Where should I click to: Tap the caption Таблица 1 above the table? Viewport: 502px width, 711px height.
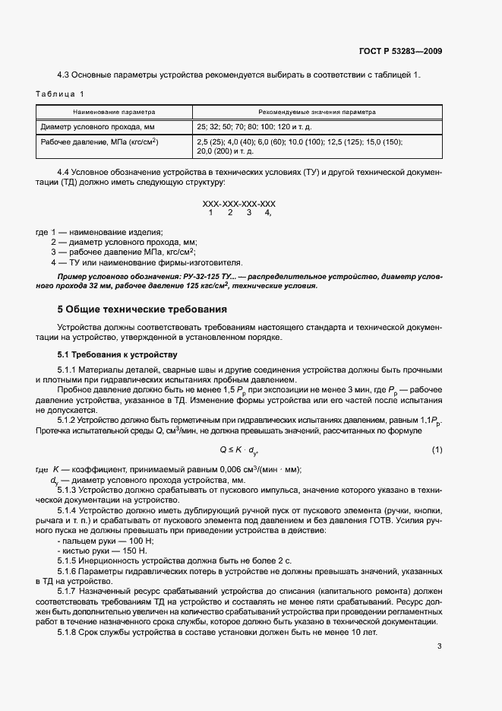pos(59,94)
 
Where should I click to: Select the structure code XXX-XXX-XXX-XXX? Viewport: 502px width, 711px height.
pos(238,205)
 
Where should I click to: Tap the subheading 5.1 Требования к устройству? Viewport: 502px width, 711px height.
pos(117,354)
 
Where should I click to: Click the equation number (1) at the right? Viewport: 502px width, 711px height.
pos(437,450)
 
